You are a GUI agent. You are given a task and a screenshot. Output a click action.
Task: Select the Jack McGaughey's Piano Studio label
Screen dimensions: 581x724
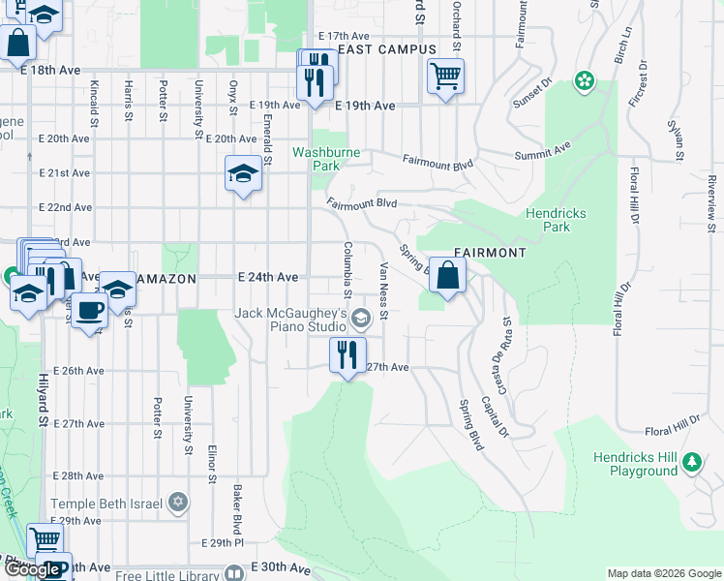291,321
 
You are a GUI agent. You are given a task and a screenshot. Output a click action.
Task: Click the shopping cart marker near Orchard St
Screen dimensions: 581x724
445,76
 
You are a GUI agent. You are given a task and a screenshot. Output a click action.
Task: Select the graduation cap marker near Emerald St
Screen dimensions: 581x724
243,174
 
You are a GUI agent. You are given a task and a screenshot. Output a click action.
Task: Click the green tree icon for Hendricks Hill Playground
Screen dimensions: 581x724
692,461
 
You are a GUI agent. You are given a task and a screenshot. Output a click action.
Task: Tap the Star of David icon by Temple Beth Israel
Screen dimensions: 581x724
177,503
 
